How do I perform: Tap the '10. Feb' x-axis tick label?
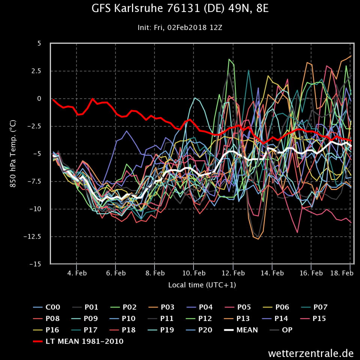click(193, 273)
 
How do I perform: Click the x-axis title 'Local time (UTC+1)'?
click(202, 285)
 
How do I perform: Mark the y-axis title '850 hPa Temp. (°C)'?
click(13, 154)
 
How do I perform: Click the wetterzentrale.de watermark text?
click(311, 353)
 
